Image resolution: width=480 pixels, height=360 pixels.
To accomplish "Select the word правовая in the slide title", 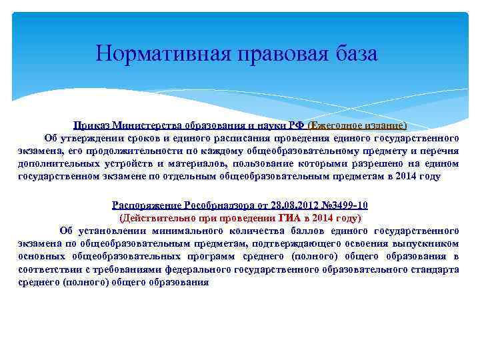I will (281, 53).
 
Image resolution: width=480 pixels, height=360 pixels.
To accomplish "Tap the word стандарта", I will (437, 270).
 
